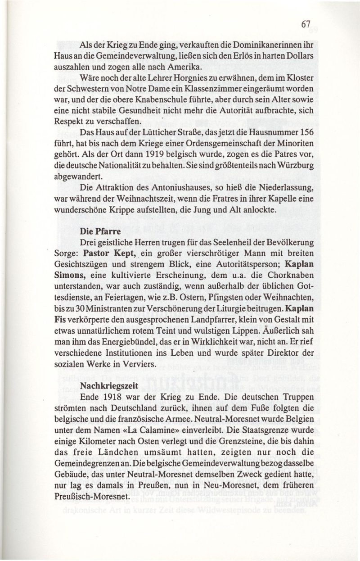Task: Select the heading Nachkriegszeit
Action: coord(106,385)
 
